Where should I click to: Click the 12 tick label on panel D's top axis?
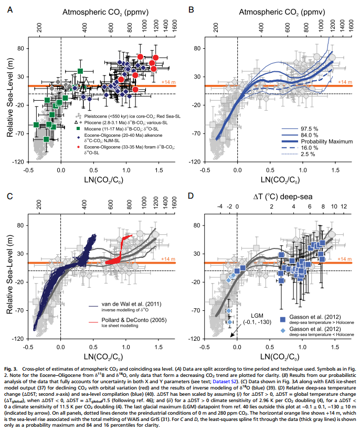[x=344, y=207]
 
